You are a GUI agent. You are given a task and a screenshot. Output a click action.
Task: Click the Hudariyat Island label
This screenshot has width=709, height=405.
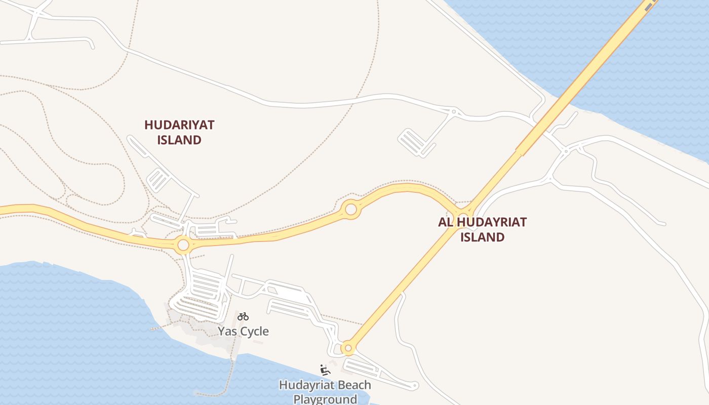[x=179, y=132]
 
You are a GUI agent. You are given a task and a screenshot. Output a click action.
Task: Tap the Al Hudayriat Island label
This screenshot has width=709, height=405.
[x=482, y=229]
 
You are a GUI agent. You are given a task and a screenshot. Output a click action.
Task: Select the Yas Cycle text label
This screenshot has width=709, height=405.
[x=243, y=332]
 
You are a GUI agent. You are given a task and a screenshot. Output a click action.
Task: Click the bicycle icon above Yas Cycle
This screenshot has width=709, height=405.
[x=243, y=317]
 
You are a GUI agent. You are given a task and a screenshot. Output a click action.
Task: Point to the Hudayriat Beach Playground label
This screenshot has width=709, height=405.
[x=325, y=392]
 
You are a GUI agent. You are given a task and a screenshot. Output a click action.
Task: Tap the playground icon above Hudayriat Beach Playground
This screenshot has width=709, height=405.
[x=325, y=370]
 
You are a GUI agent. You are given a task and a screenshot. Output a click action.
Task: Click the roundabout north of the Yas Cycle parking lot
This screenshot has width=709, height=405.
[x=183, y=246]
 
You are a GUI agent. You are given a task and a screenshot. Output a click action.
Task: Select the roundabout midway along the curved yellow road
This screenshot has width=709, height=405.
[x=350, y=209]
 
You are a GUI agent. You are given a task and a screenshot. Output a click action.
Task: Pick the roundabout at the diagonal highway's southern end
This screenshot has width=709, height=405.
[x=347, y=348]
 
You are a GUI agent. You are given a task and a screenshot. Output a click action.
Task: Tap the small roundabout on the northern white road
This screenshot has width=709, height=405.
[x=454, y=111]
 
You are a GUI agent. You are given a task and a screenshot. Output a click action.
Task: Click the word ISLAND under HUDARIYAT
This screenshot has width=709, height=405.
[x=179, y=140]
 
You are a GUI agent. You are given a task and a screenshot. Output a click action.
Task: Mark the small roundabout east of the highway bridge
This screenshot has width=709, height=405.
[x=566, y=151]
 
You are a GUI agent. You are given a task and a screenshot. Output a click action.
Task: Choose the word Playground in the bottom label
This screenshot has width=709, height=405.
[x=325, y=399]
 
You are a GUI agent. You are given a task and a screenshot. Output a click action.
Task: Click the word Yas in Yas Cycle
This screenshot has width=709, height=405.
[x=226, y=332]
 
